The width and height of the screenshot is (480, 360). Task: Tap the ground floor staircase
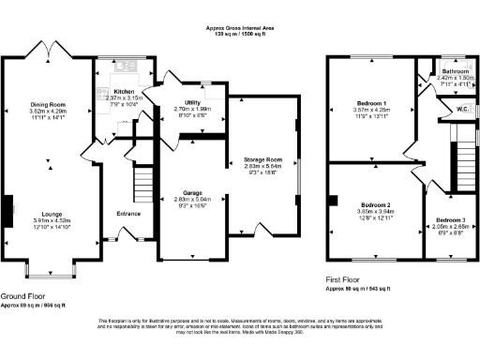pyautogui.click(x=142, y=178)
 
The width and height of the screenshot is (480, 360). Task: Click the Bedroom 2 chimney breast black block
pyautogui.click(x=331, y=199)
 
